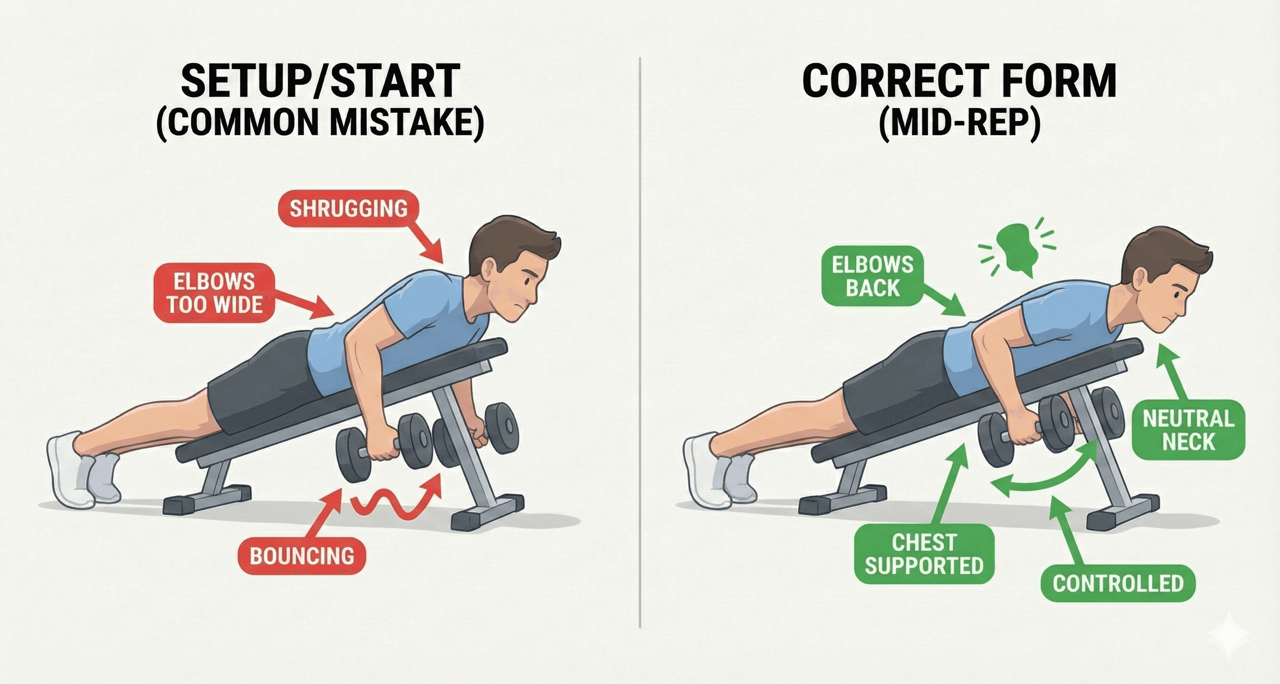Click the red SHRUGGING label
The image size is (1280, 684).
pyautogui.click(x=348, y=208)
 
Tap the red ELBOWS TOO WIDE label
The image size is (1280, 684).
pyautogui.click(x=214, y=293)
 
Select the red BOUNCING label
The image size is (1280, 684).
pyautogui.click(x=302, y=556)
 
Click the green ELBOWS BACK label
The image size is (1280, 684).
pyautogui.click(x=873, y=277)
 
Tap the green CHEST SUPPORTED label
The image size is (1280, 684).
pyautogui.click(x=924, y=554)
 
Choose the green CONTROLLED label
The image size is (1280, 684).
pyautogui.click(x=1118, y=583)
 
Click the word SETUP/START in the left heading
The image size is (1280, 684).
pyautogui.click(x=320, y=80)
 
